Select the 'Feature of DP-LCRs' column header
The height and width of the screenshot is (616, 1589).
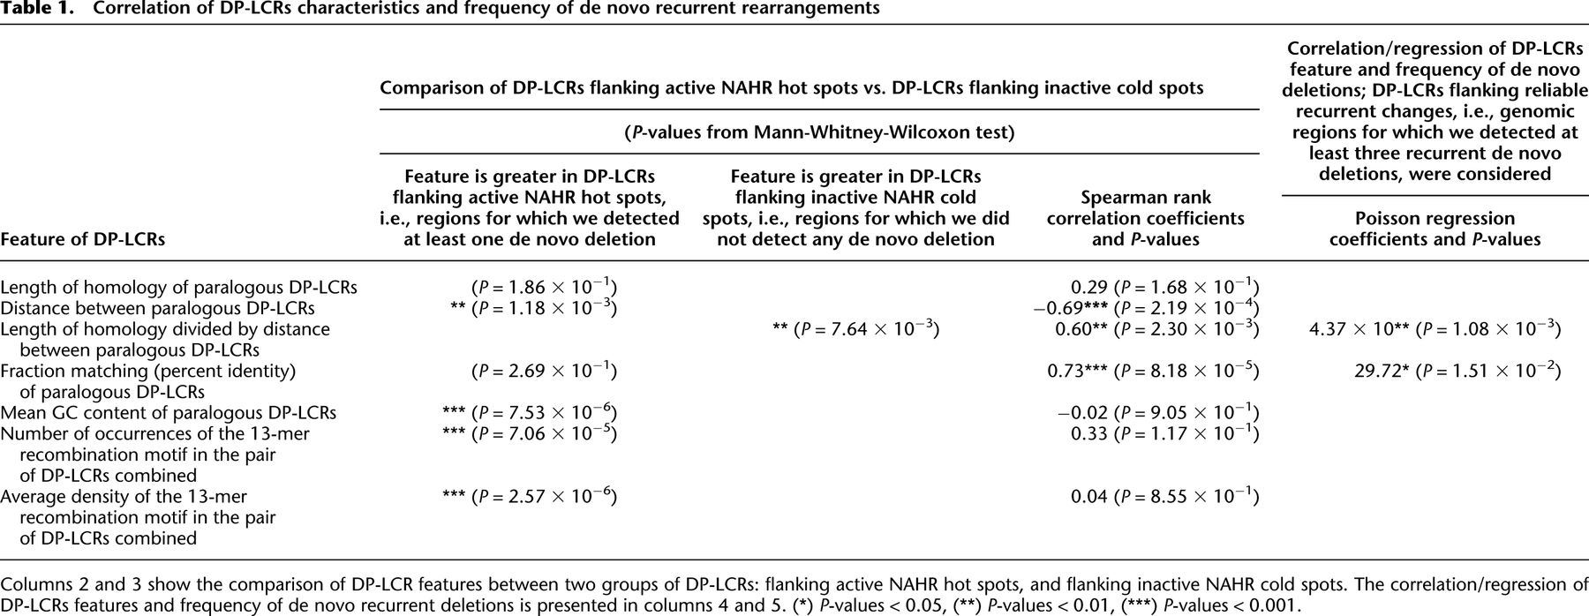(x=82, y=239)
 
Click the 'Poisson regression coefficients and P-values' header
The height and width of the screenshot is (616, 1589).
(x=1435, y=229)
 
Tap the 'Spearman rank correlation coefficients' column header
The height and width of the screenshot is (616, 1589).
(x=1145, y=218)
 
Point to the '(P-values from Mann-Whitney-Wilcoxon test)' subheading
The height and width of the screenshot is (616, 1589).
(x=818, y=133)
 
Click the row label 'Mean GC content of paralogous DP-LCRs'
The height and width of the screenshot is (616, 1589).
(x=168, y=413)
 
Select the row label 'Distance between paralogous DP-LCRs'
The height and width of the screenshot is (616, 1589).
(x=157, y=308)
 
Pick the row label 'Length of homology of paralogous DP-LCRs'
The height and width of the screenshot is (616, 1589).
(x=178, y=287)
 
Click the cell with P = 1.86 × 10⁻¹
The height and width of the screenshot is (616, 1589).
(x=544, y=287)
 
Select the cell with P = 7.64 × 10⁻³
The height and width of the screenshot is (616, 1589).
(x=855, y=329)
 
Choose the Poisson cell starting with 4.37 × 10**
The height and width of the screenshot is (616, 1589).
(x=1435, y=329)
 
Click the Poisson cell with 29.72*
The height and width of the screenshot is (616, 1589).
(x=1457, y=371)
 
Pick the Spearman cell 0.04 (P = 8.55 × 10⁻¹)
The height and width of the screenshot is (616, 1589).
(x=1164, y=496)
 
